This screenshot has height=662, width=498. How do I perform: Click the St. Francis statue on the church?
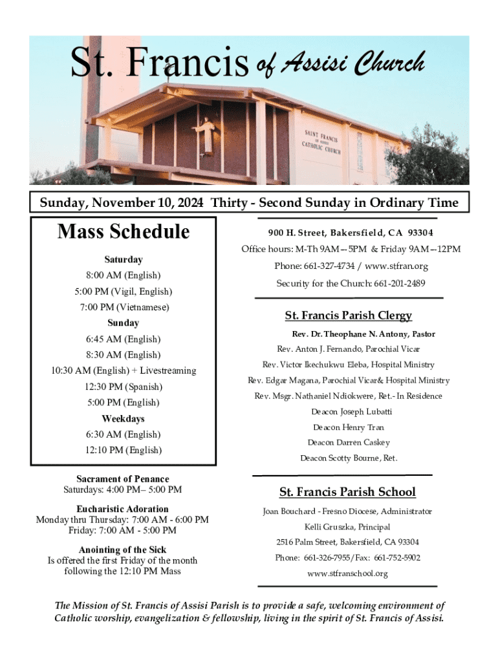click(206, 135)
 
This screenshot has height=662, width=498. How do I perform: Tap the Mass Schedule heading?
click(124, 232)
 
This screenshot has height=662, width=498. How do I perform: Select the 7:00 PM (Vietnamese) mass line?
click(124, 307)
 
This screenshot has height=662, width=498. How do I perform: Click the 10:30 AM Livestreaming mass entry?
click(124, 370)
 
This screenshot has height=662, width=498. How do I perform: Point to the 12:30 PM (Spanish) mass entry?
click(124, 387)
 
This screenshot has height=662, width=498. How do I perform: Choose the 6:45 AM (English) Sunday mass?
click(124, 339)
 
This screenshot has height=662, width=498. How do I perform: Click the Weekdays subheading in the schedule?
click(123, 419)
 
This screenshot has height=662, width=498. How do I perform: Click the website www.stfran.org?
click(396, 266)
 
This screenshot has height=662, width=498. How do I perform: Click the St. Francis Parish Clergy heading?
click(348, 315)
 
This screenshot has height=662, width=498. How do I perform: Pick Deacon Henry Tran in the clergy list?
click(349, 427)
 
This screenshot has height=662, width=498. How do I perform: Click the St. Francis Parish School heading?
click(347, 492)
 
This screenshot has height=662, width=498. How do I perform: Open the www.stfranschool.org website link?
click(347, 573)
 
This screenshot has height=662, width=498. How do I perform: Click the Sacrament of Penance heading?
click(122, 479)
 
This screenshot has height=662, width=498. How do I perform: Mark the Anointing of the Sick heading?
click(122, 550)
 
